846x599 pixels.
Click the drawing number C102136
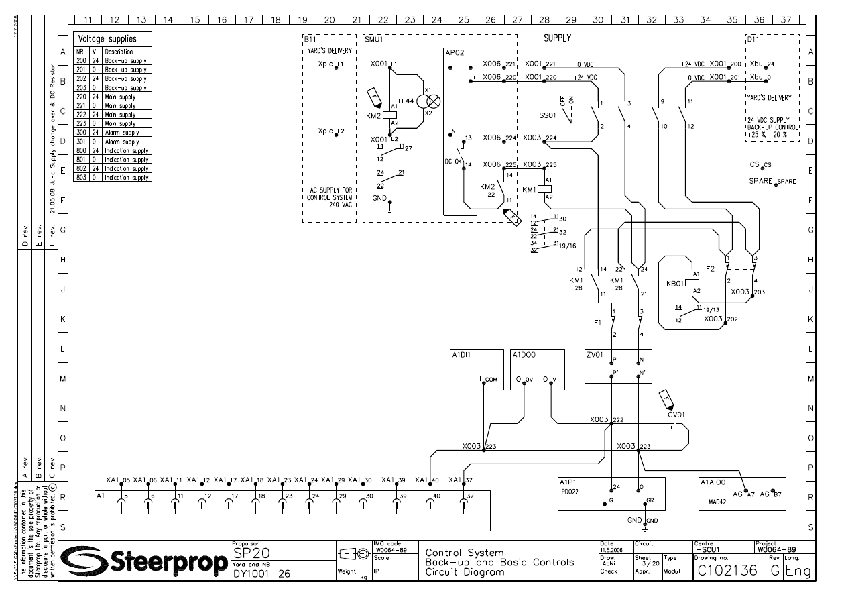(x=728, y=571)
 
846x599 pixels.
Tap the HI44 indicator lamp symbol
(x=434, y=101)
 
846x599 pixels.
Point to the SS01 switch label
(x=547, y=115)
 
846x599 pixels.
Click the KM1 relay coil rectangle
(x=544, y=189)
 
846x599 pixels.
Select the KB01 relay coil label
(x=674, y=283)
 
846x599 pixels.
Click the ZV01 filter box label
(x=595, y=355)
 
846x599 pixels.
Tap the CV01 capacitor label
(x=676, y=415)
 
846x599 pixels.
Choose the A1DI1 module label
(x=461, y=355)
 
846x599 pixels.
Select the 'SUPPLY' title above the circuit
(x=557, y=38)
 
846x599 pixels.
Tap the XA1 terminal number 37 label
(x=468, y=480)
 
